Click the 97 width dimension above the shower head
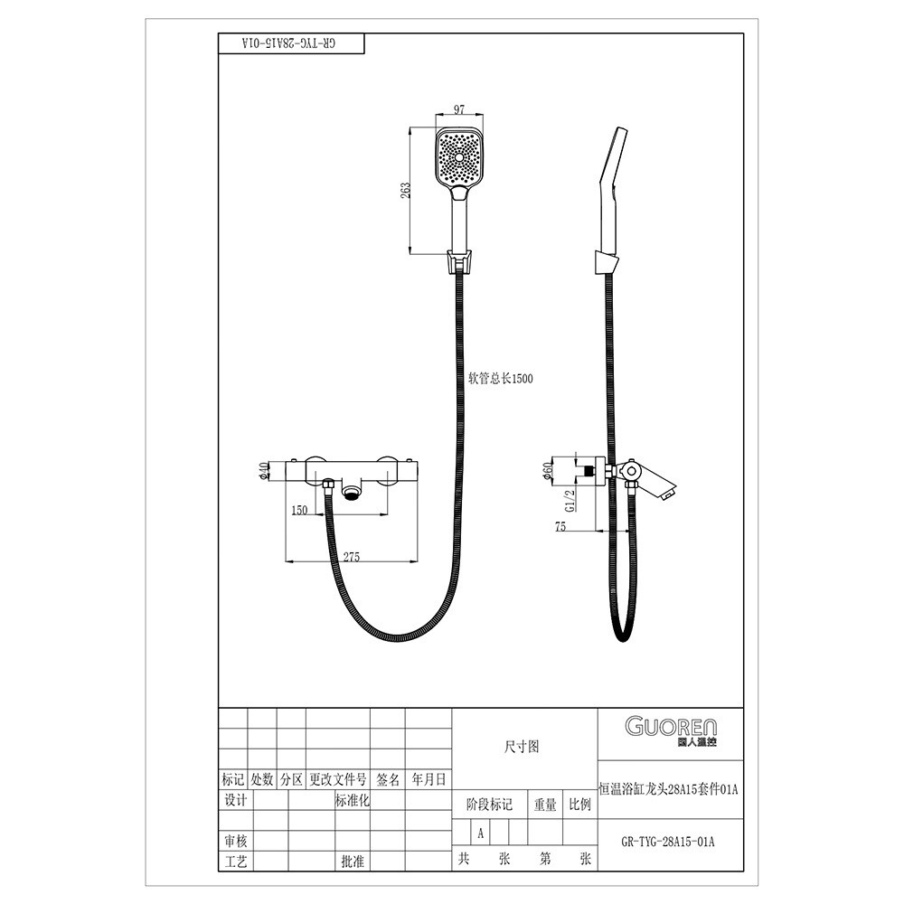[459, 109]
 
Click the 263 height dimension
[405, 190]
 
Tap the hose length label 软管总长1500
[501, 378]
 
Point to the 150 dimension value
[299, 510]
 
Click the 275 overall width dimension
[351, 556]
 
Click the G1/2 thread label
[570, 501]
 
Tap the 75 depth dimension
[560, 526]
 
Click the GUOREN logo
[671, 731]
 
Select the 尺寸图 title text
[522, 747]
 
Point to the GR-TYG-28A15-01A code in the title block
[668, 841]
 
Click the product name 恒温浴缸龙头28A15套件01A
[669, 788]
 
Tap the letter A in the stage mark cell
[480, 833]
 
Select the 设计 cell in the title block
[235, 800]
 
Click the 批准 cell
[353, 862]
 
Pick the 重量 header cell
[545, 805]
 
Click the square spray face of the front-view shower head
[459, 156]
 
